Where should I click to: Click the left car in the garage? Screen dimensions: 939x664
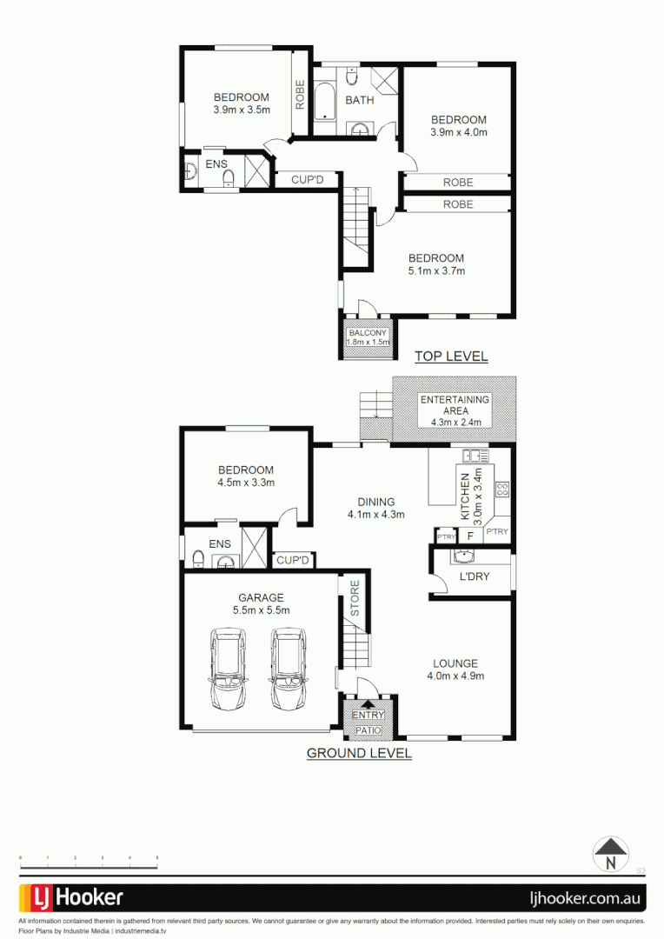click(228, 669)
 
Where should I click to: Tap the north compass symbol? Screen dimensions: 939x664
click(610, 854)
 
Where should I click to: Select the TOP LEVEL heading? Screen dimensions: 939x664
click(450, 356)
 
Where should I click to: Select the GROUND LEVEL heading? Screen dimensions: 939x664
click(359, 754)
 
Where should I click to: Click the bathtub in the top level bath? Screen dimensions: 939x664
click(326, 103)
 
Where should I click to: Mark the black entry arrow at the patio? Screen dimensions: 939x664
click(367, 706)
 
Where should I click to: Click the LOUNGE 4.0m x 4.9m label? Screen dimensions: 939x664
click(455, 669)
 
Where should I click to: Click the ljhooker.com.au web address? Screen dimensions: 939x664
click(586, 897)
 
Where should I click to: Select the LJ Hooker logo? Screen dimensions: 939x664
click(71, 897)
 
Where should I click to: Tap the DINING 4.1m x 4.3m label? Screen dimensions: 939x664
click(375, 508)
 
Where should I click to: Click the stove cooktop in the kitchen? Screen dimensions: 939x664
click(501, 489)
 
